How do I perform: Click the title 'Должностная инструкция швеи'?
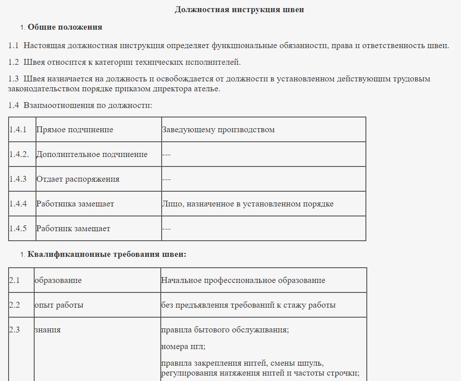tap(239, 9)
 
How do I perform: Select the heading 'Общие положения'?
tap(65, 27)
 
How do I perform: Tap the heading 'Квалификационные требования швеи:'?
tap(107, 255)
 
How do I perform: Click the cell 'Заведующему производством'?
tap(218, 130)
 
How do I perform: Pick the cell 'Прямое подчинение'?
tap(75, 130)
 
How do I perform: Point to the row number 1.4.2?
tap(19, 154)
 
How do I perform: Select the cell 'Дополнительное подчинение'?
tap(92, 154)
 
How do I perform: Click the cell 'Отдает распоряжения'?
tap(78, 179)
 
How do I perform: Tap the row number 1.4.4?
tap(18, 204)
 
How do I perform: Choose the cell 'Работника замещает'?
tap(75, 204)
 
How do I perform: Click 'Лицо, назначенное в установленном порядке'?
tap(247, 204)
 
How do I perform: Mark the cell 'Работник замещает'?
tap(73, 229)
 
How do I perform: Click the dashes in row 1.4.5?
tap(167, 229)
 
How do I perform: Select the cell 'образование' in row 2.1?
tap(58, 280)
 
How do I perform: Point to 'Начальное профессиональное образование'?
tap(243, 280)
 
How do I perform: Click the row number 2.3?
tap(14, 330)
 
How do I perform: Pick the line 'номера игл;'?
tap(183, 347)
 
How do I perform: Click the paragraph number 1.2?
tap(13, 62)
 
